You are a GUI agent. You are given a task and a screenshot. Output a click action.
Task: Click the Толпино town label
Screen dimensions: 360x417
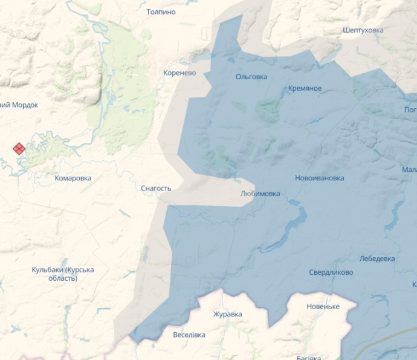[x=161, y=11]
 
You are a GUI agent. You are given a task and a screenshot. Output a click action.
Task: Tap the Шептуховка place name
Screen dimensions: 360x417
[x=363, y=30]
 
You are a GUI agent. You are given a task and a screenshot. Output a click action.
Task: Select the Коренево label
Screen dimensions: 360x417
[x=179, y=73]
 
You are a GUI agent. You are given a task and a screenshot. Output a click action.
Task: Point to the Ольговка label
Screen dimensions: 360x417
[x=251, y=77]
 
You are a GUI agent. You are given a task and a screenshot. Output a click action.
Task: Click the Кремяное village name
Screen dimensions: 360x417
[x=305, y=88]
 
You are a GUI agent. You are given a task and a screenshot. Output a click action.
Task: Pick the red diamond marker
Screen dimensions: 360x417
[x=19, y=148]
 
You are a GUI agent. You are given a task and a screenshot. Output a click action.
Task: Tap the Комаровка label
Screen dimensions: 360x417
[x=73, y=178]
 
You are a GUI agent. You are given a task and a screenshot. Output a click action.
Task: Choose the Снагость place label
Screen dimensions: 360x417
[x=156, y=188]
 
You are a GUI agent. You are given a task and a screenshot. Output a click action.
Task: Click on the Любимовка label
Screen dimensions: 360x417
[x=260, y=194]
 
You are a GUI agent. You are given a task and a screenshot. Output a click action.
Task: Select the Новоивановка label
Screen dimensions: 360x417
[x=319, y=178]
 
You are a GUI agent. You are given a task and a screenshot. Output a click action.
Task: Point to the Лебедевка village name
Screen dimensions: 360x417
[x=377, y=258]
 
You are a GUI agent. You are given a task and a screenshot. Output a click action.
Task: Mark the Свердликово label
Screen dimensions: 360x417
[x=331, y=272]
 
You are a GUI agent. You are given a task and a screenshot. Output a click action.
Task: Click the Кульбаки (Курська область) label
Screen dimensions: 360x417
[x=63, y=273]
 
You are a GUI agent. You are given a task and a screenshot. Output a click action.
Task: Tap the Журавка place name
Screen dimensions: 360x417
[x=227, y=314]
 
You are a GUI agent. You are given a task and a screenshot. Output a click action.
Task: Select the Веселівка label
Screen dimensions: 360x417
[x=189, y=335]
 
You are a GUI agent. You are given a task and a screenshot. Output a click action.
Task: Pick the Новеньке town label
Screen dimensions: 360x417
[x=323, y=306]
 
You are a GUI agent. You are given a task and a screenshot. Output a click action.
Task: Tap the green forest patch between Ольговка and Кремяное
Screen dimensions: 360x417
[x=268, y=110]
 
